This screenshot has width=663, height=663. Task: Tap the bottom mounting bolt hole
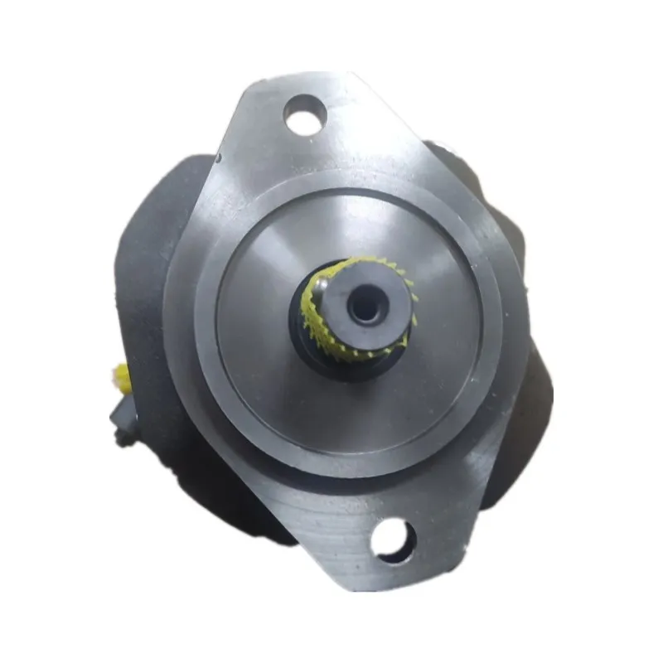coord(392,540)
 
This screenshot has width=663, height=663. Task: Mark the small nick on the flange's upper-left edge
coord(217,157)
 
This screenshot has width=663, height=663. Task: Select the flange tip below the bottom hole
coord(398,576)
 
